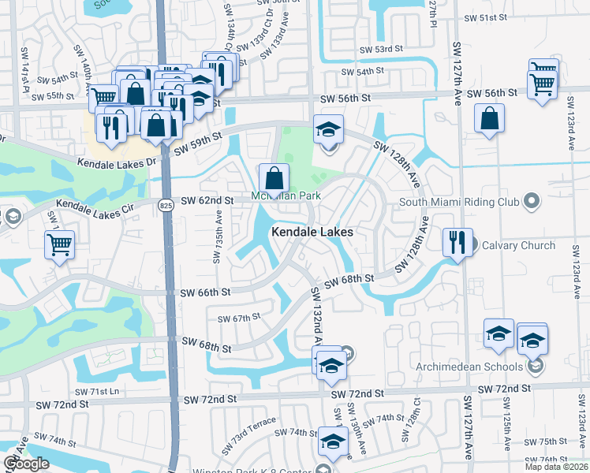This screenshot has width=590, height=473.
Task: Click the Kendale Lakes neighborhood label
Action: click(x=312, y=233)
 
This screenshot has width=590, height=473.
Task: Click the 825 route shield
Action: click(x=165, y=206)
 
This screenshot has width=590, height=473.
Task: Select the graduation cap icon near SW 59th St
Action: click(x=328, y=128)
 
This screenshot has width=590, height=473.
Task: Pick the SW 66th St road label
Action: click(x=204, y=292)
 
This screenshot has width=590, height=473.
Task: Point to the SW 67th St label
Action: click(x=239, y=318)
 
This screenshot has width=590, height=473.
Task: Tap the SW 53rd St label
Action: click(x=383, y=49)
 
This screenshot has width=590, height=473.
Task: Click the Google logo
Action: click(x=26, y=464)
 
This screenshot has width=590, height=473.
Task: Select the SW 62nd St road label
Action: click(x=207, y=201)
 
